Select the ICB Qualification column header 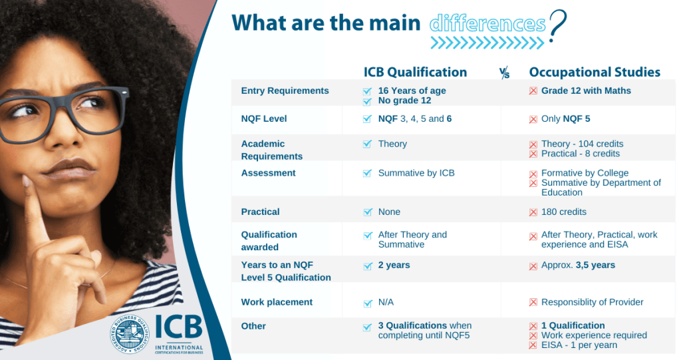click(415, 72)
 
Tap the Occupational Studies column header click(595, 72)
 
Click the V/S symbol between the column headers click(505, 74)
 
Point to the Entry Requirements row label click(285, 90)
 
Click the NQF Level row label click(264, 118)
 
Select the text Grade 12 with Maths click(586, 90)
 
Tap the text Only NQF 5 click(565, 118)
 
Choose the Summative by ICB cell click(416, 173)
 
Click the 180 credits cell click(564, 212)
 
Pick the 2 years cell click(394, 265)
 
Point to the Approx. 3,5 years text click(578, 265)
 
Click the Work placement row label click(277, 302)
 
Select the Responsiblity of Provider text click(592, 302)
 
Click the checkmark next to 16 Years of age click(367, 91)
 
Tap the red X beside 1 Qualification click(533, 326)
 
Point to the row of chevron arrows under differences click(487, 44)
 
